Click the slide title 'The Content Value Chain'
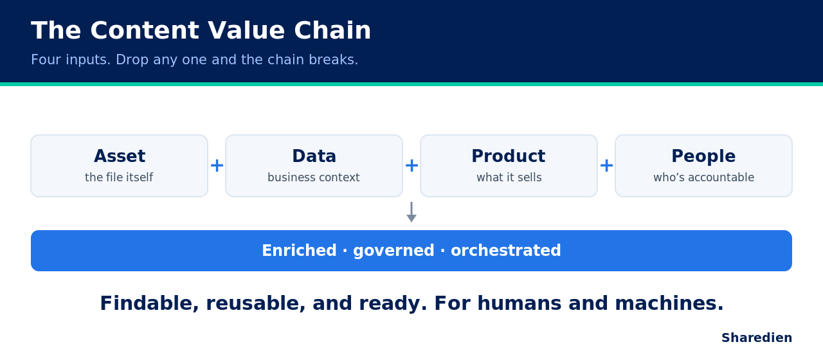pos(201,30)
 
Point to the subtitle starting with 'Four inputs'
pos(194,60)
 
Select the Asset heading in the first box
pos(120,156)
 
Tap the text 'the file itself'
pos(119,177)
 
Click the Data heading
pos(314,156)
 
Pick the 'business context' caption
pos(314,177)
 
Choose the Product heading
pos(509,156)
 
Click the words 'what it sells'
pos(509,177)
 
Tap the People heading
pos(703,156)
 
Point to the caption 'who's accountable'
pos(703,177)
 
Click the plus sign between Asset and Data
pos(217,166)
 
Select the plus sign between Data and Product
pos(411,166)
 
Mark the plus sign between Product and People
pos(606,166)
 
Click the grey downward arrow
pos(411,212)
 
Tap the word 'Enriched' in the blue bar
pos(299,251)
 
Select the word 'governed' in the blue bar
pos(393,251)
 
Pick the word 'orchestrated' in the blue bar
pos(505,251)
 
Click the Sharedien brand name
pos(757,337)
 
